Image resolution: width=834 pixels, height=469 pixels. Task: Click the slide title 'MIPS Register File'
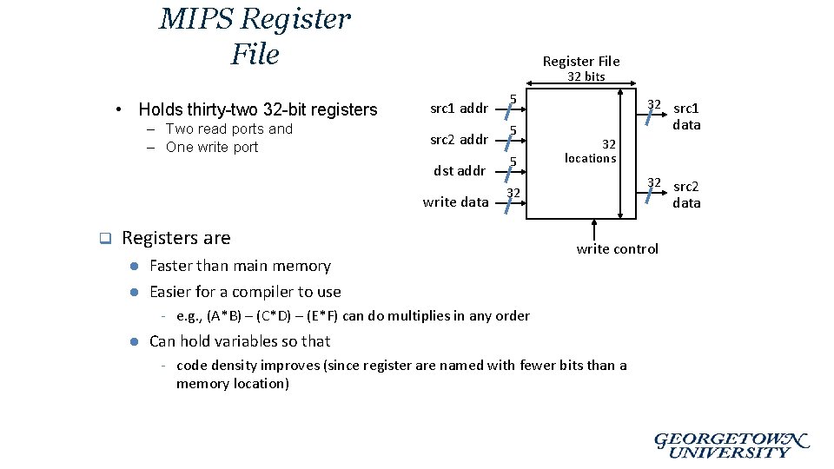click(x=255, y=36)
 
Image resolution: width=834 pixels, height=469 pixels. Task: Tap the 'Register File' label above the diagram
click(x=580, y=61)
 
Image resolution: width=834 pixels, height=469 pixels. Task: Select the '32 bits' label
click(x=586, y=76)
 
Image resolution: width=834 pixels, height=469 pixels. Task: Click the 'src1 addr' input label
click(x=459, y=109)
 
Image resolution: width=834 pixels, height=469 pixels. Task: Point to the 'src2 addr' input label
click(x=459, y=140)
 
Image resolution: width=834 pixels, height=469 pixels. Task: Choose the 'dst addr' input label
click(x=460, y=170)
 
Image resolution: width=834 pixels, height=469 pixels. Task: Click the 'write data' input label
click(x=455, y=202)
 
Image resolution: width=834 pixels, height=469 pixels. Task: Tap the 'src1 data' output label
click(x=686, y=116)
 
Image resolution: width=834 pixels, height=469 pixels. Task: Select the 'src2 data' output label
click(x=686, y=195)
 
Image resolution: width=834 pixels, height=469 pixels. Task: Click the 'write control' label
click(x=618, y=249)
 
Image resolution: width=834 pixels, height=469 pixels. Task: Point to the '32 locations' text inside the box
click(x=591, y=151)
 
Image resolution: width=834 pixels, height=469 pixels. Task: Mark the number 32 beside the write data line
click(x=513, y=192)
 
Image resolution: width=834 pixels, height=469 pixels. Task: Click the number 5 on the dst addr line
click(x=513, y=162)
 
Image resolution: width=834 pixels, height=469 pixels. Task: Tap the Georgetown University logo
click(x=731, y=445)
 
